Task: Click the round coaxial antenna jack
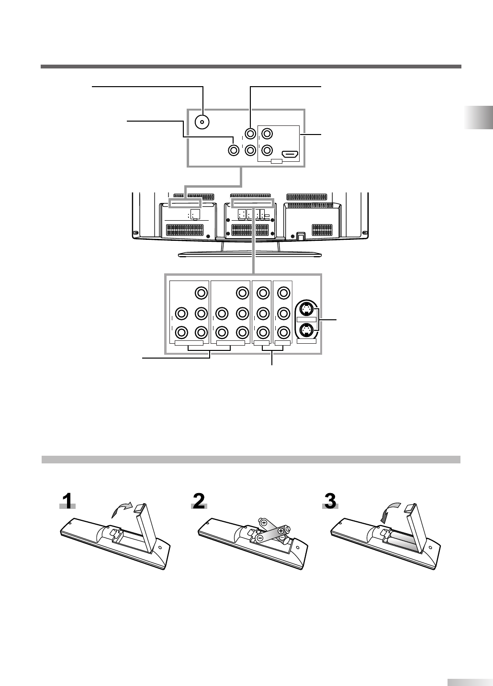(202, 122)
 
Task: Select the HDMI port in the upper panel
(290, 155)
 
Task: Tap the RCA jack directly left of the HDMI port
(267, 149)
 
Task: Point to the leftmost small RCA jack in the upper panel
(233, 150)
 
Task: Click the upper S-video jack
(306, 307)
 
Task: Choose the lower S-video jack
(306, 330)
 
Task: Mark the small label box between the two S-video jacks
(306, 319)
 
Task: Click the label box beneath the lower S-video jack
(306, 341)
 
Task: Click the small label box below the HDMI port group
(277, 162)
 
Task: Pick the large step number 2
(199, 502)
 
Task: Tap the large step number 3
(330, 502)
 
